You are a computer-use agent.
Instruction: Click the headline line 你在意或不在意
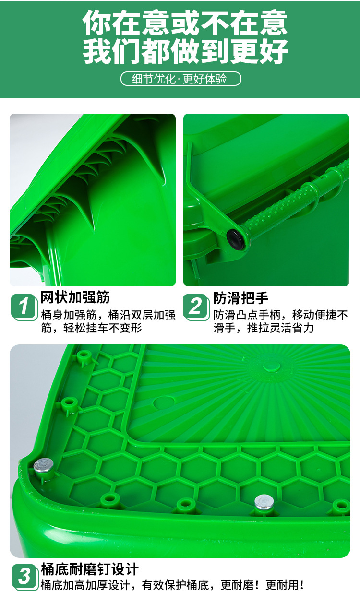click(185, 23)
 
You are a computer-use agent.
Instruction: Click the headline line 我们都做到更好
click(185, 51)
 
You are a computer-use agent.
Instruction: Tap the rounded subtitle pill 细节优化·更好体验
click(180, 79)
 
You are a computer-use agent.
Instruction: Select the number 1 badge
click(24, 306)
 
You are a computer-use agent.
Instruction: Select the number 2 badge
click(196, 306)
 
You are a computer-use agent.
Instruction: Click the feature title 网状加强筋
click(75, 297)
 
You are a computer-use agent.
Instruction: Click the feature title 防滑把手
click(241, 298)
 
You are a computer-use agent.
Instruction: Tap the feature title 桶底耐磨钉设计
click(90, 569)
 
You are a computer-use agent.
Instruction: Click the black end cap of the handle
click(235, 238)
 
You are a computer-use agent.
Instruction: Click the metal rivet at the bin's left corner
click(44, 465)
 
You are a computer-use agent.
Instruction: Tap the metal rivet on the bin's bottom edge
click(264, 502)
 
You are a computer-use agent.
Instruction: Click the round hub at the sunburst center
click(272, 366)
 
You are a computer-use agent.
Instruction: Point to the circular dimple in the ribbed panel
click(164, 402)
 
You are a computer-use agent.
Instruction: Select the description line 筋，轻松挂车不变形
click(92, 328)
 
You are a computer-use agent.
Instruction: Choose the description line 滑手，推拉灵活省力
click(264, 328)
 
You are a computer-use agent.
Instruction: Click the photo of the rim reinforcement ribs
click(93, 200)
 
